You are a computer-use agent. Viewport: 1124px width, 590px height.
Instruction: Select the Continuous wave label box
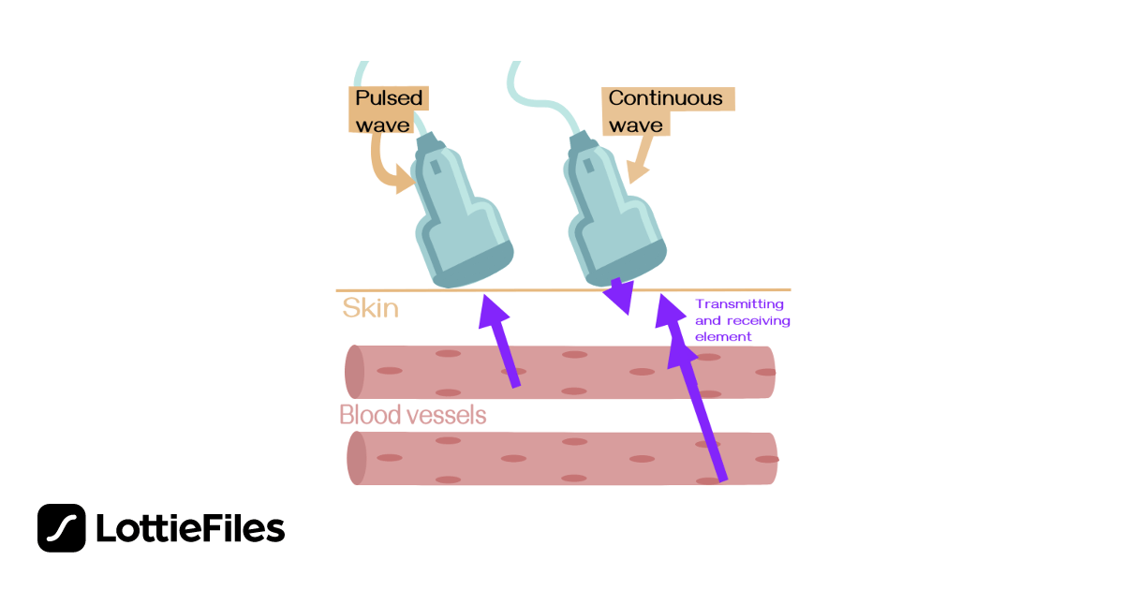(x=666, y=111)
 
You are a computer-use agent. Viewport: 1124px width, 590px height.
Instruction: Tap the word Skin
(x=370, y=308)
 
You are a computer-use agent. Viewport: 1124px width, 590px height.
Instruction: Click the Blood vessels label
(x=413, y=415)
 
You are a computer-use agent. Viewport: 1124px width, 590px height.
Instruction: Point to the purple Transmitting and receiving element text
(x=742, y=320)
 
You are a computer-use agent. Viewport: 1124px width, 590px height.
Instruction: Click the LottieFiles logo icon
(x=62, y=528)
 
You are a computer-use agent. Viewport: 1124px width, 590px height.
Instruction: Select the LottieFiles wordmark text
(x=190, y=529)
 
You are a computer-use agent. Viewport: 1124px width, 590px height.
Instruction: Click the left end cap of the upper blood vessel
(x=354, y=372)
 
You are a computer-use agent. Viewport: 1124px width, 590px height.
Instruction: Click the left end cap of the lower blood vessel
(x=357, y=458)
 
